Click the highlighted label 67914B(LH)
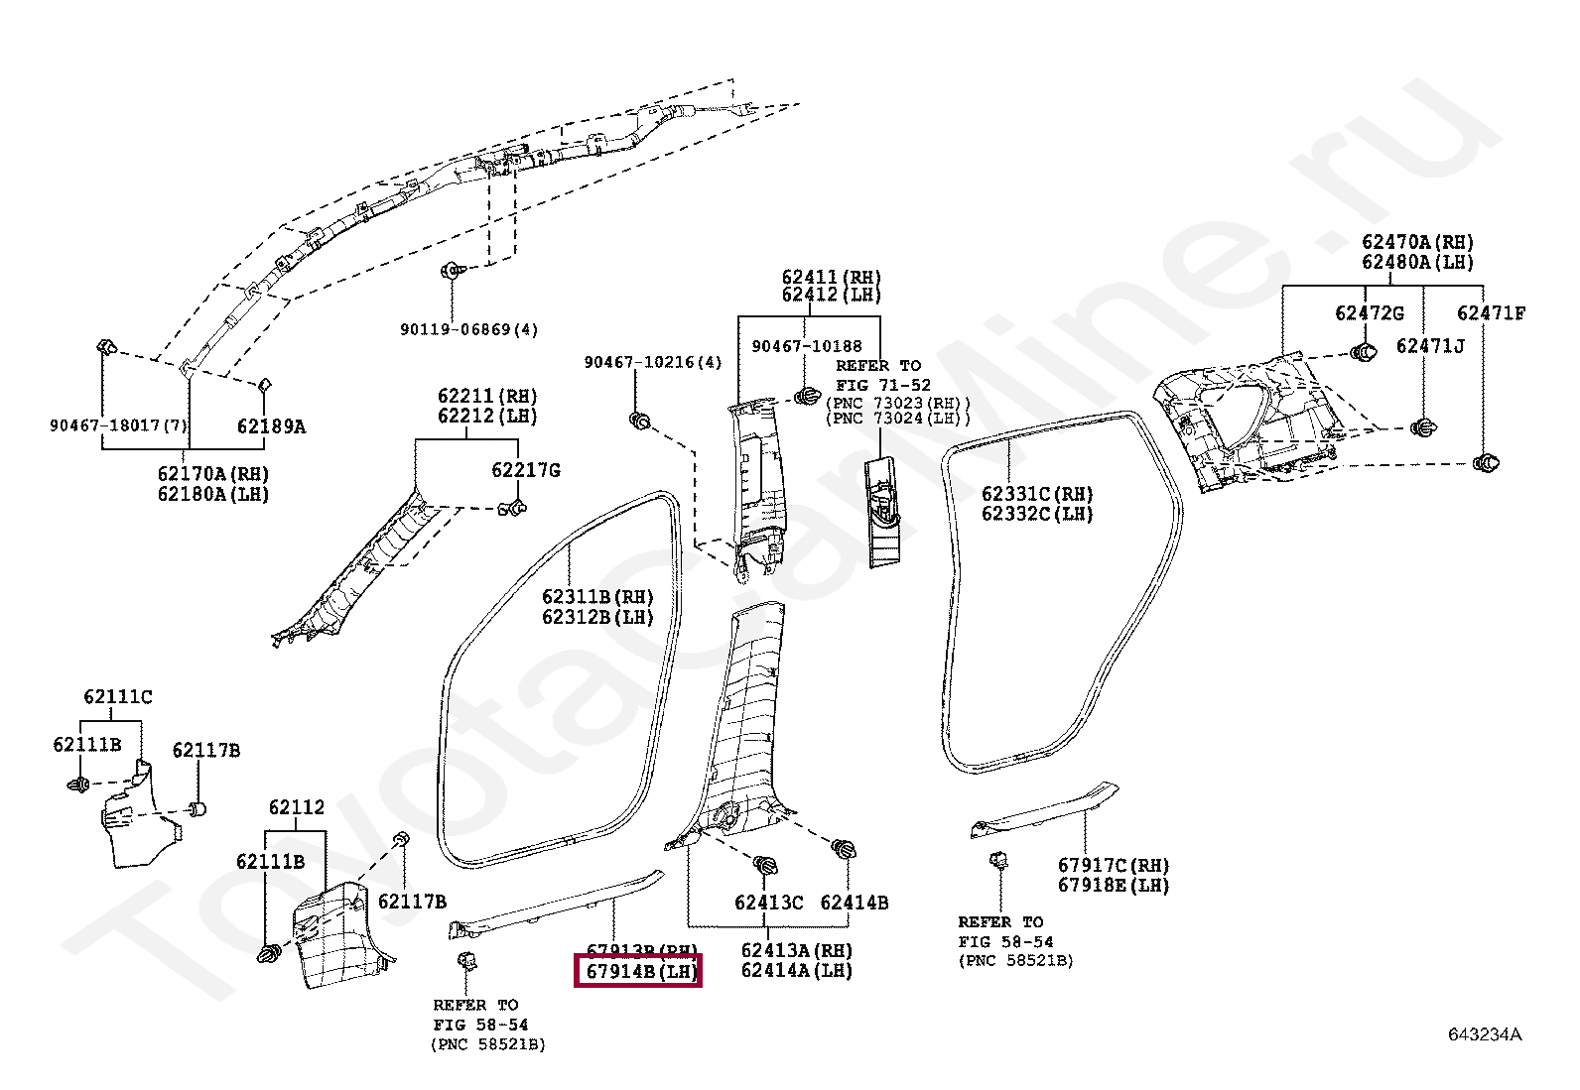(x=638, y=972)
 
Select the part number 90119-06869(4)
(x=468, y=329)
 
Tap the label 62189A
(x=270, y=426)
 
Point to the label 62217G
(x=526, y=470)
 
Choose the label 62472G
(x=1369, y=313)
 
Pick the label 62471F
(x=1491, y=313)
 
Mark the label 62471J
(x=1429, y=345)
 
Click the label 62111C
(x=118, y=697)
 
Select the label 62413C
(x=768, y=903)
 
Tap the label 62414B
(x=854, y=903)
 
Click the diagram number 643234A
(x=1484, y=1034)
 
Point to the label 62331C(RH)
(x=1037, y=494)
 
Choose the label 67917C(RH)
(x=1114, y=865)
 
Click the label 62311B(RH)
(x=598, y=597)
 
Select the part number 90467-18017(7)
(x=118, y=426)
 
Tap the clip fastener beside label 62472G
(x=1362, y=352)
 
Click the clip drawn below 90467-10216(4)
(x=640, y=422)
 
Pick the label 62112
(x=296, y=808)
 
